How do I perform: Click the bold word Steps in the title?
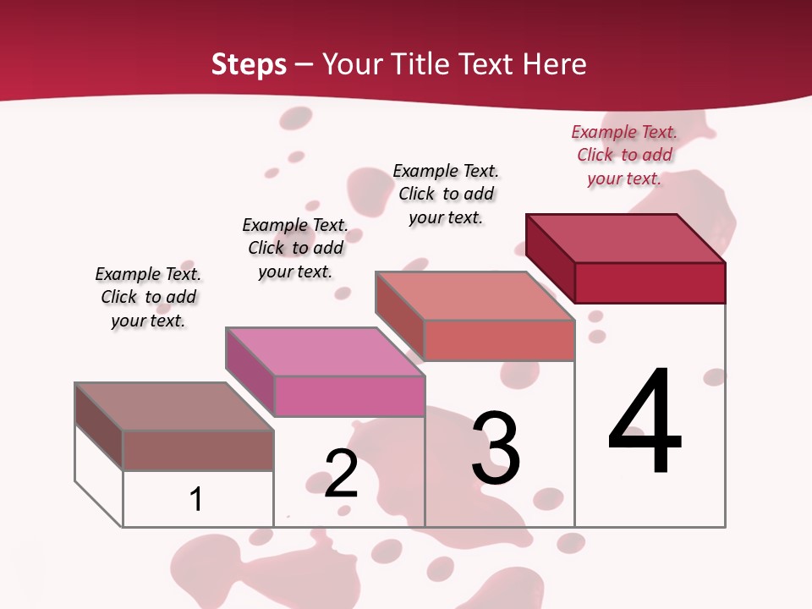249,64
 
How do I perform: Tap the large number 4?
645,423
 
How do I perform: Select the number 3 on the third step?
496,448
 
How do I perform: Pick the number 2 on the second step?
341,474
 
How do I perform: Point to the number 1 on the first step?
196,499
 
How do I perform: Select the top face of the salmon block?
475,295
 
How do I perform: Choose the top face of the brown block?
174,407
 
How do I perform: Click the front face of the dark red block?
650,283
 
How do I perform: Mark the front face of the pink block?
349,396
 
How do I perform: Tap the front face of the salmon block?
499,340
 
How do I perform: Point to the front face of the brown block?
198,450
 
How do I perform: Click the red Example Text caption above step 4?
624,155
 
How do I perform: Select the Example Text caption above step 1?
148,297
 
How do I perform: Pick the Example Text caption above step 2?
295,248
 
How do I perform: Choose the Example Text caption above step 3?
446,194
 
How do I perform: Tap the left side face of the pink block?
250,371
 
